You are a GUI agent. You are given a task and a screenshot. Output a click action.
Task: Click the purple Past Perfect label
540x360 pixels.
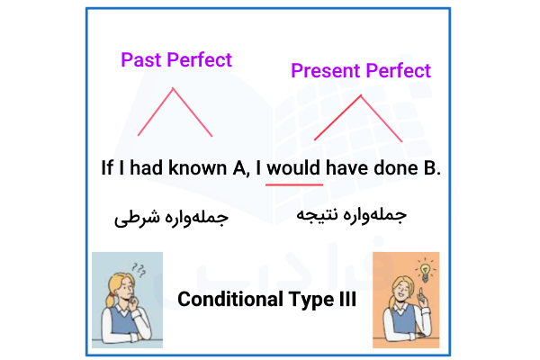[x=176, y=60]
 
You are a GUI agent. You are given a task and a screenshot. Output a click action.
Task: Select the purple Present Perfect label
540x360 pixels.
[x=361, y=70]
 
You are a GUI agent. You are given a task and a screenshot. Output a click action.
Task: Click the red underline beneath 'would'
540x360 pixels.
[x=293, y=184]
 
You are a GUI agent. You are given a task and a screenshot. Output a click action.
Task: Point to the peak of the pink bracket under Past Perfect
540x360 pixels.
[x=174, y=88]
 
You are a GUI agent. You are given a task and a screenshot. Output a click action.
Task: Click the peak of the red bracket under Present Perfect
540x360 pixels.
[x=364, y=94]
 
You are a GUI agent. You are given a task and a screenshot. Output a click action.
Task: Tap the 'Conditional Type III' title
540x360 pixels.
[x=267, y=300]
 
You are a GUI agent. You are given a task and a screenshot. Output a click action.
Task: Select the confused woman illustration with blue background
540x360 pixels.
[x=128, y=300]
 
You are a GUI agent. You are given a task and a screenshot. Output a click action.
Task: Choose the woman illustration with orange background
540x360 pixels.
[x=405, y=300]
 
